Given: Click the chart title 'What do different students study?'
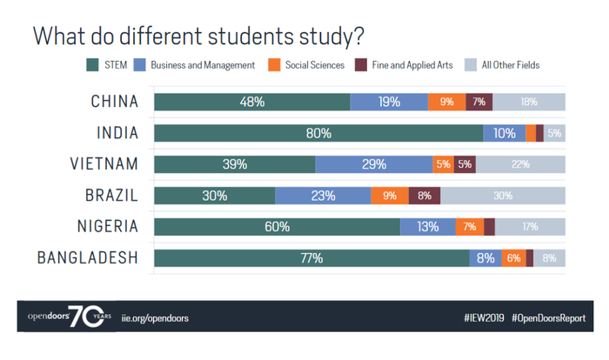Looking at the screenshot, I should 197,37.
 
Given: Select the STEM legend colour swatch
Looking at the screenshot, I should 91,65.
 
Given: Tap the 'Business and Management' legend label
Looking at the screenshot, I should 203,65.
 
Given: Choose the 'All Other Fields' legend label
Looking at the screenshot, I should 511,65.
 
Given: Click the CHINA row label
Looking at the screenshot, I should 115,102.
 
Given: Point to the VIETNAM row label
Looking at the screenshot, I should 104,164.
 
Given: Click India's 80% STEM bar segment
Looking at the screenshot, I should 318,133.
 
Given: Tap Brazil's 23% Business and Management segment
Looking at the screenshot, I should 323,196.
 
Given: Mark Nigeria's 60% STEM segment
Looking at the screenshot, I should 277,227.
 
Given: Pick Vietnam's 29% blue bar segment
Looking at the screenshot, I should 373,164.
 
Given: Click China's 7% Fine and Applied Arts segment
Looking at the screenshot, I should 478,102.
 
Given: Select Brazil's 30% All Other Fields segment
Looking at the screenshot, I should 503,196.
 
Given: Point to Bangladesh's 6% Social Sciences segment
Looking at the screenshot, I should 514,258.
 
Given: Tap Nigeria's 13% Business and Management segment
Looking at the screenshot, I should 427,227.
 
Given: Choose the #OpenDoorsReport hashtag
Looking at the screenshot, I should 548,318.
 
